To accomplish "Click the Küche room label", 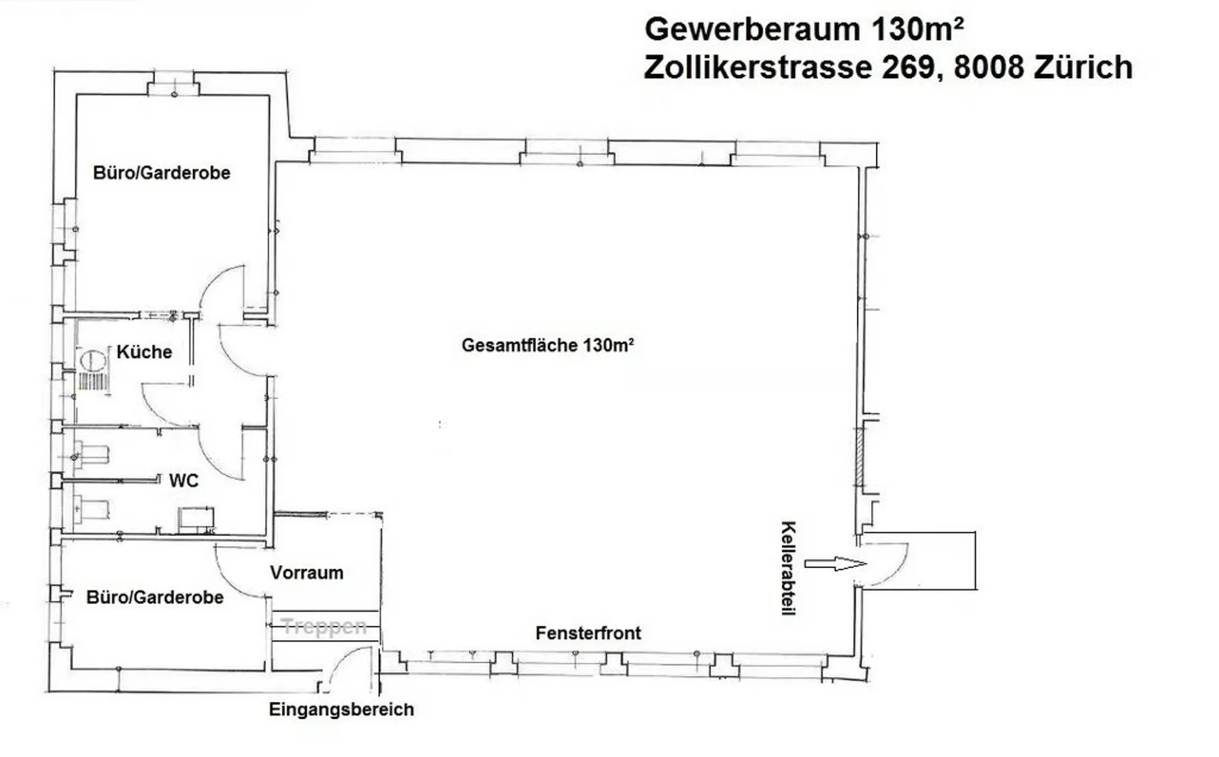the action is click(144, 352).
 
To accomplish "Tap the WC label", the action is click(183, 481).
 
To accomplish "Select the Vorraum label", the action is click(307, 573).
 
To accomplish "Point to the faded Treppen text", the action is click(324, 627).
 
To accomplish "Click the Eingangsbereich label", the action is click(342, 709).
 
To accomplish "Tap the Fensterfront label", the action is click(588, 633).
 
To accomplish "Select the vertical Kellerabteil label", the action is click(788, 568).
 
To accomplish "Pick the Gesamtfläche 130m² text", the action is click(547, 345).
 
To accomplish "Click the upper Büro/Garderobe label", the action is click(161, 173).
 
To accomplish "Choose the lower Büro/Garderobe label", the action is click(155, 598).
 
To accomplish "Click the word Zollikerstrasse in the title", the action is click(758, 67).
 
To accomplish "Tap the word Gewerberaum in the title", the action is click(752, 29).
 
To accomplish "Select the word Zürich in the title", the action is click(1083, 67).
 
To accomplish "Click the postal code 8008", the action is click(989, 67).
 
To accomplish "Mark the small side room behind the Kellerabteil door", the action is click(919, 561).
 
